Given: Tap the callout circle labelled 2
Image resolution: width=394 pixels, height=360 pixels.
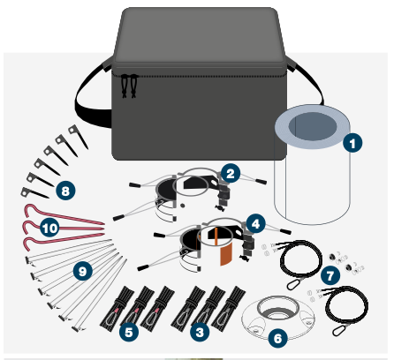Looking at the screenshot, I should coord(231,173).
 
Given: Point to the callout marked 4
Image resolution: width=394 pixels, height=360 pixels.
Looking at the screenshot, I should coord(256,223).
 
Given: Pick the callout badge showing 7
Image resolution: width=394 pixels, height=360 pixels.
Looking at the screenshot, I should coord(329,275).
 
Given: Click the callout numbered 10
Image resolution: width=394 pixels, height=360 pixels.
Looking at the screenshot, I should coord(49,228).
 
